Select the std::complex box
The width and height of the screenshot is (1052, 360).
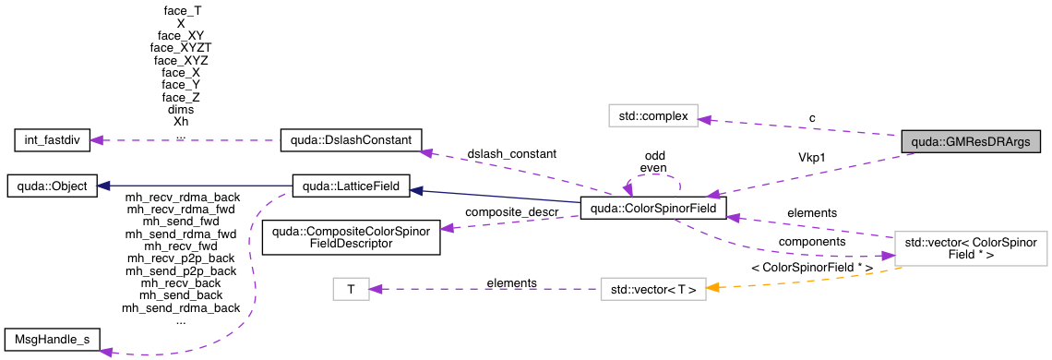click(x=652, y=116)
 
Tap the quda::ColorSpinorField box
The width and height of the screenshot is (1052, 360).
click(x=652, y=207)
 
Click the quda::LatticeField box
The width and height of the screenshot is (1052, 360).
click(x=346, y=186)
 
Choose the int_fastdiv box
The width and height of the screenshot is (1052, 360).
click(x=52, y=141)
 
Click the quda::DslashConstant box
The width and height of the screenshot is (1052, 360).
click(x=351, y=141)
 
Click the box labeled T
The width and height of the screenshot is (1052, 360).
click(x=351, y=289)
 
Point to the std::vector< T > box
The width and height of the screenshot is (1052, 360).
click(x=652, y=289)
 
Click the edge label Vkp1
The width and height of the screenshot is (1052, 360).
click(x=811, y=157)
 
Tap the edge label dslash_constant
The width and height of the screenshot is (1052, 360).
click(x=511, y=153)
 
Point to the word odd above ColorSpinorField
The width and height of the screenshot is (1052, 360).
click(x=655, y=156)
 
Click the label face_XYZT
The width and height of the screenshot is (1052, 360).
click(x=181, y=46)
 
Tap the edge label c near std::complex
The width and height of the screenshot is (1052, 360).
click(x=812, y=117)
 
